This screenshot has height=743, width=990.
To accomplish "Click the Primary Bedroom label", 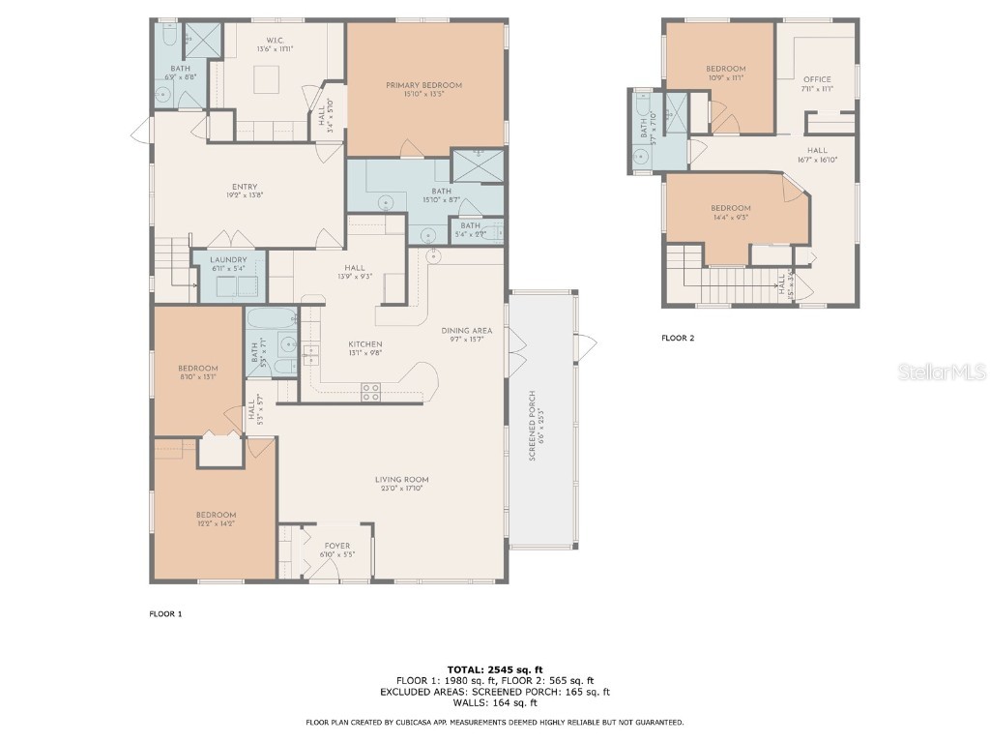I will pos(423,85).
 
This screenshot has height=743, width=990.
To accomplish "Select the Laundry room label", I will pos(228,259).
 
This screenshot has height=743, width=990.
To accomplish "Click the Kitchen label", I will pos(365,344).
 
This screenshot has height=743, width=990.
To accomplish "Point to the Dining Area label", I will pos(467,331).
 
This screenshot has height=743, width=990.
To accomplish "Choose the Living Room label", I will pos(401,480).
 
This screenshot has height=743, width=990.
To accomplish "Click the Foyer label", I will pos(337,546).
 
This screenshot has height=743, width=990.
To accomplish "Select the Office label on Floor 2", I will pos(817,79).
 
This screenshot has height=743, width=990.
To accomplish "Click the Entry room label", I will pos(244,188).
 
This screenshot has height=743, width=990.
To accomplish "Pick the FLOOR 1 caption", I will pos(165,613).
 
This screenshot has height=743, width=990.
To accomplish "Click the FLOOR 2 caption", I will pos(678,339).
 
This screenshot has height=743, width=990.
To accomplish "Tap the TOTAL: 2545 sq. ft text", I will pos(495,669).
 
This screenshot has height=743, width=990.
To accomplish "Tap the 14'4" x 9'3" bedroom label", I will pos(730,208).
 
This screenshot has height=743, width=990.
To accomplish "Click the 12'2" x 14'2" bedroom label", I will pos(215,515).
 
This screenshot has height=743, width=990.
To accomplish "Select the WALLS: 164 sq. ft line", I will pos(495,702).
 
